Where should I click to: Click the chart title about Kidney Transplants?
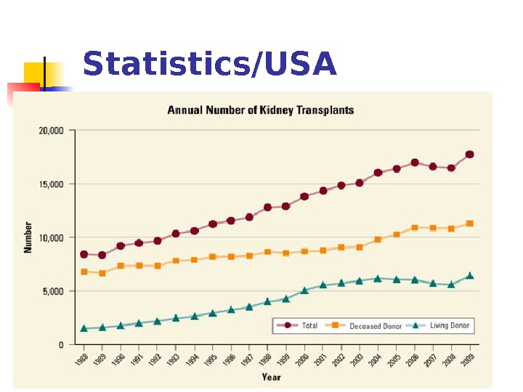[x=261, y=110]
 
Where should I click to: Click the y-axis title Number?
[x=28, y=237]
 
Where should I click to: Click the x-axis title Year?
[x=271, y=377]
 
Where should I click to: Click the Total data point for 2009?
[x=469, y=155]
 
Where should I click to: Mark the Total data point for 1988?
[x=84, y=255]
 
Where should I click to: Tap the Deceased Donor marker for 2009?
[x=469, y=224]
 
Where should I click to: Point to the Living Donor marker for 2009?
[x=469, y=276]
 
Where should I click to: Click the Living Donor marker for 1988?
[x=84, y=328]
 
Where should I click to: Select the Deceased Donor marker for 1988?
[x=84, y=271]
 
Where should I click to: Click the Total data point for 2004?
[x=378, y=173]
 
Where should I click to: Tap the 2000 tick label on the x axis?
[x=301, y=362]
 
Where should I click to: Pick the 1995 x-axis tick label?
[x=210, y=362]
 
